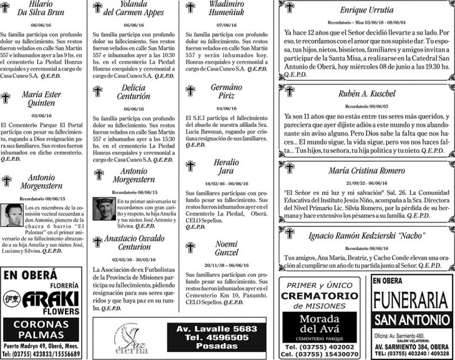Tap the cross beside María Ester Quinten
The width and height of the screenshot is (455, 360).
[5, 97]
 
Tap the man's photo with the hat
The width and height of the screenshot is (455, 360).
[104, 209]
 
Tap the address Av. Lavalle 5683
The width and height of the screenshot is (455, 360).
[215, 328]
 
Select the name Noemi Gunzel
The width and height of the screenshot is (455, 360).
[226, 248]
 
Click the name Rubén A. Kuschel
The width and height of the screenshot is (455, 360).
[367, 93]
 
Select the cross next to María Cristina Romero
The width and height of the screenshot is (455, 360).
[289, 168]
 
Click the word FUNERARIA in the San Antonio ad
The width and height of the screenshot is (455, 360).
[411, 301]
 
